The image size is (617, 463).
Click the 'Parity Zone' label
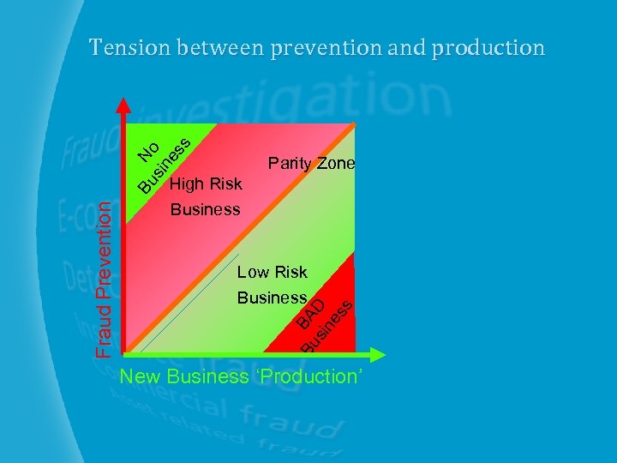click(x=311, y=163)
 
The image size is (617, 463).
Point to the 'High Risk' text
click(x=206, y=183)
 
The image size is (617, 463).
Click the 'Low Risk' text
click(x=272, y=273)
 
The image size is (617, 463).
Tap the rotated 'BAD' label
click(x=311, y=315)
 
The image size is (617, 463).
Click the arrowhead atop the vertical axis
click(x=124, y=106)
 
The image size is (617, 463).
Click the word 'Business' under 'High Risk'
click(x=206, y=208)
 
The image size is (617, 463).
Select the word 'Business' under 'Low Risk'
click(x=272, y=298)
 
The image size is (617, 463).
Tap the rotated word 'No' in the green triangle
click(x=150, y=153)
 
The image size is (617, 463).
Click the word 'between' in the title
click(x=222, y=47)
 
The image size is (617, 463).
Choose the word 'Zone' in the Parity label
click(x=336, y=163)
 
